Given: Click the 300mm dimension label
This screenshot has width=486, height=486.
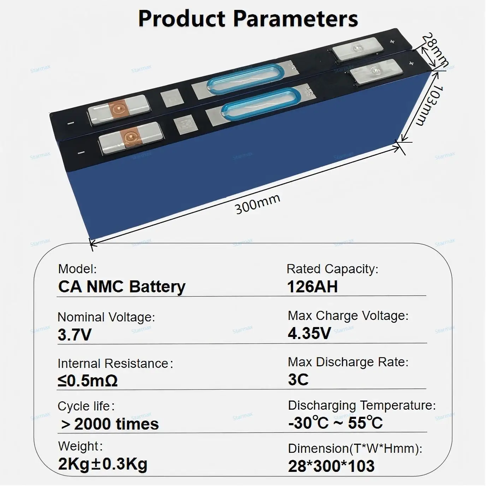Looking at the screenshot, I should pos(257,204).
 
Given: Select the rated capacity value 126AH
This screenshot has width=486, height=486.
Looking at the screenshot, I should pos(312,286).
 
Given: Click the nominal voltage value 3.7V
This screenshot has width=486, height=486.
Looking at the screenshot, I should pos(75,334).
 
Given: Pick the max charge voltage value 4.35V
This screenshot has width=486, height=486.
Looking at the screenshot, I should pos(309,333).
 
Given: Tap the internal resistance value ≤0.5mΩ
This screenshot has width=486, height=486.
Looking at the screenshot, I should pos(88,381).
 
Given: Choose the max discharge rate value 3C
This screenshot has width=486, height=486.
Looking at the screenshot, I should pos(298,380).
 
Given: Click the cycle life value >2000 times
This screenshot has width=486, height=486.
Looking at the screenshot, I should pos(110,424).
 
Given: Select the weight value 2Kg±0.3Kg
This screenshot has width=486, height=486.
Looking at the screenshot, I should pos(103,464).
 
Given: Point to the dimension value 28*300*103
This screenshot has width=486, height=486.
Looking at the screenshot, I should pos(331,466).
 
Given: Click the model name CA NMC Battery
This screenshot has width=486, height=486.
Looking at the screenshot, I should pos(122,286).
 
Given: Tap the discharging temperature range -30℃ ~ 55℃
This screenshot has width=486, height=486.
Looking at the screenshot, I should pos(335,423).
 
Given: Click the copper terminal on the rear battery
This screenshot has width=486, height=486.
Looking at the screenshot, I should pos(117,109).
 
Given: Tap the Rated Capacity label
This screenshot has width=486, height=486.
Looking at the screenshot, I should pos(332,269).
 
